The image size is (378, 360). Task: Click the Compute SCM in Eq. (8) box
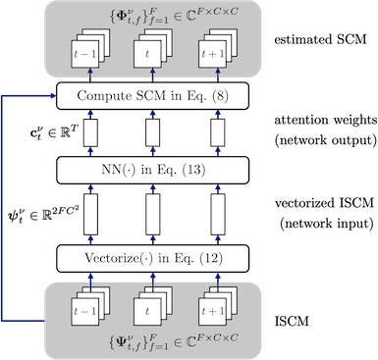point(153,96)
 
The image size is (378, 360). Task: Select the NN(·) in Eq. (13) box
point(153,170)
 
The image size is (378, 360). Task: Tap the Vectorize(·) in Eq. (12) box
point(153,258)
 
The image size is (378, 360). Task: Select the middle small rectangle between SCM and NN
point(152,132)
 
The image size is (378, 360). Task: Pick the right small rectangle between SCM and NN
point(216,132)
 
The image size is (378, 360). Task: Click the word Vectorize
point(117,258)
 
